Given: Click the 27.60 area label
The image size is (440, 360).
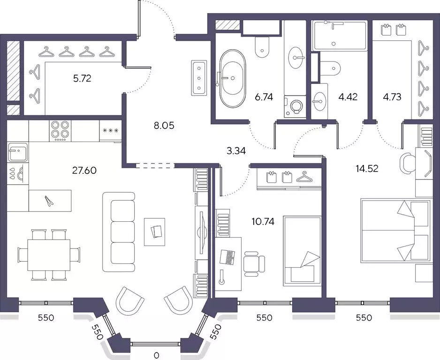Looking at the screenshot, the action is pos(84,170).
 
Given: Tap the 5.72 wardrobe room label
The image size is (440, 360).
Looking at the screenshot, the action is pos(82,78).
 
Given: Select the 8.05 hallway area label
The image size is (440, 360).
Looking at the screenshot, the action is pos(164,125).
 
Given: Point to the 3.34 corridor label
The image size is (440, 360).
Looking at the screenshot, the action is pos(236,151).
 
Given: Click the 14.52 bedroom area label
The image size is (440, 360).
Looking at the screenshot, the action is pos(367,168).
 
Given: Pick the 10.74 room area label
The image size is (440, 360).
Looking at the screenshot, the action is pos(263,222).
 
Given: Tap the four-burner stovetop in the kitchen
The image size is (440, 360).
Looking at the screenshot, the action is pos(60,131).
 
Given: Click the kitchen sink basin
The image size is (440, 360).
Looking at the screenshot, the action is pos(18,152).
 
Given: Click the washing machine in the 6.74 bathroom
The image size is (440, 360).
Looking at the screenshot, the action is pos(295,106).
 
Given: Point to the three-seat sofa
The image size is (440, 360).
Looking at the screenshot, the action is pos(119,232).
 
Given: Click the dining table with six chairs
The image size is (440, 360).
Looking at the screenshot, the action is pos(49,255).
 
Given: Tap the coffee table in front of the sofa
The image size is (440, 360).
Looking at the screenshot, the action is pos(154,232).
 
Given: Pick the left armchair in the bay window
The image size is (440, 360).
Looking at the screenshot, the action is pos(129,300).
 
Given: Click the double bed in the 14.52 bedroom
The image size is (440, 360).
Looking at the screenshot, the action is pos(395,231).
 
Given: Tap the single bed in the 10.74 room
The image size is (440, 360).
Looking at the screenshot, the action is pos(302,251).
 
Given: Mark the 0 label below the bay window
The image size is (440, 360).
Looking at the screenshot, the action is pos(156,356).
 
